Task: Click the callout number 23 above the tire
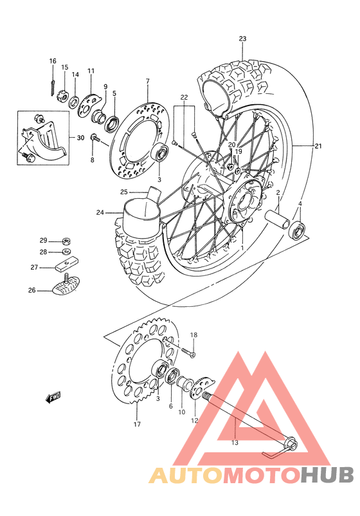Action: [x=242, y=39]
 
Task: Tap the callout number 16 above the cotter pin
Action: [x=53, y=61]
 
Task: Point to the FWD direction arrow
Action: [x=53, y=397]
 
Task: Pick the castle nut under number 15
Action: [x=64, y=96]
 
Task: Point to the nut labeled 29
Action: [x=67, y=239]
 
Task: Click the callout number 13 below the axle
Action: [x=235, y=442]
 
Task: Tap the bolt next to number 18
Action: [x=188, y=351]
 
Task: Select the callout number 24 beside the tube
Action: [x=100, y=212]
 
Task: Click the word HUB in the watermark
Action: [x=327, y=475]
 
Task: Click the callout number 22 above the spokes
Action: [x=184, y=97]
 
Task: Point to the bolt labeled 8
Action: [x=94, y=138]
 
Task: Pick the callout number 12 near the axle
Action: [x=194, y=420]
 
